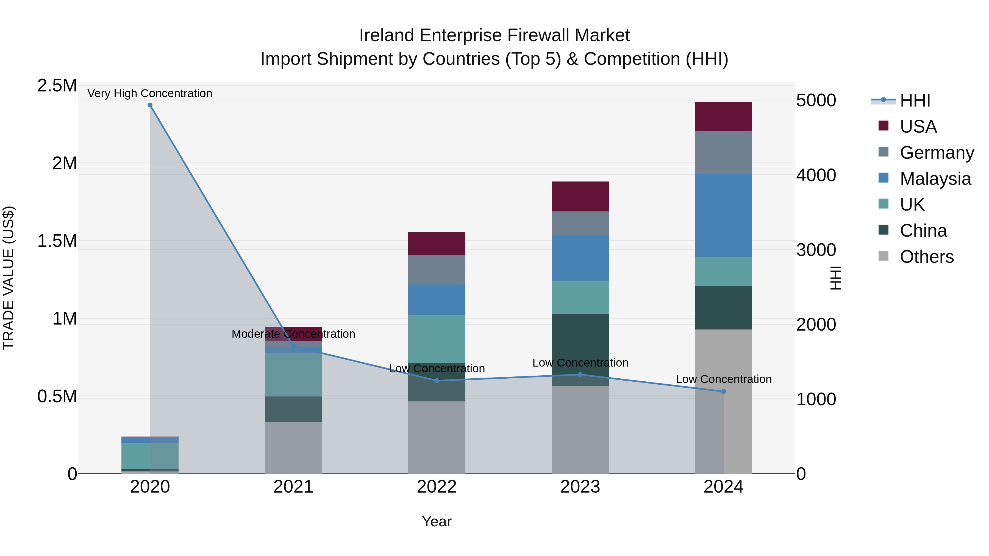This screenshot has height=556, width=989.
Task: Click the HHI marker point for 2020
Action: click(x=150, y=105)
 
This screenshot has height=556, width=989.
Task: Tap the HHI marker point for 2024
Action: click(x=723, y=391)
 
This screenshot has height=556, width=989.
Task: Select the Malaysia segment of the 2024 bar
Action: click(x=723, y=215)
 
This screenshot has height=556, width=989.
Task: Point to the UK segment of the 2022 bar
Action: click(x=437, y=339)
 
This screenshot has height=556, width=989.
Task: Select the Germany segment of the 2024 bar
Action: click(x=723, y=153)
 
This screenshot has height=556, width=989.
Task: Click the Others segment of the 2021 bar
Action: click(x=293, y=448)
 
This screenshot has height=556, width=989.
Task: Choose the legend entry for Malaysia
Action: click(x=935, y=179)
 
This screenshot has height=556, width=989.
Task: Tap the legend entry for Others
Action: click(x=926, y=257)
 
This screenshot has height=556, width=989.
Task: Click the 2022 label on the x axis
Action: click(x=437, y=487)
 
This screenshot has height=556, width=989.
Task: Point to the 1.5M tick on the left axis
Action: click(x=57, y=241)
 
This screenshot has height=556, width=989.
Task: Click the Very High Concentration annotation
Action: click(x=150, y=93)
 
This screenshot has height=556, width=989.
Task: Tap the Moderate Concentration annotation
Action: click(x=293, y=334)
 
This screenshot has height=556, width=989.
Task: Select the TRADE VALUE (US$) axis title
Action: click(x=9, y=278)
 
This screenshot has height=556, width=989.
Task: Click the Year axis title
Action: click(x=437, y=521)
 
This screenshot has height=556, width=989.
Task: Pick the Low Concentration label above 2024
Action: click(x=723, y=379)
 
